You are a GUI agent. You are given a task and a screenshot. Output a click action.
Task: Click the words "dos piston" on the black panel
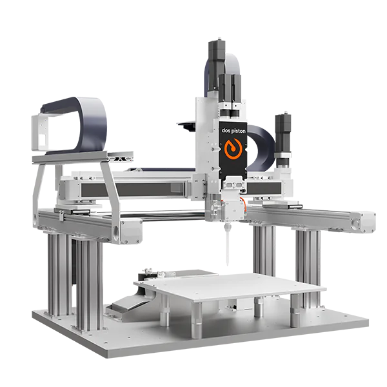[x=233, y=130]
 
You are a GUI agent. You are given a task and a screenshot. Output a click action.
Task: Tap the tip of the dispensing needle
[x=227, y=265]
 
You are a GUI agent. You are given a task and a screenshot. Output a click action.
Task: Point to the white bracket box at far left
[x=39, y=133]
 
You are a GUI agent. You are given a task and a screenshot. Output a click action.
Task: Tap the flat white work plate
[x=230, y=286]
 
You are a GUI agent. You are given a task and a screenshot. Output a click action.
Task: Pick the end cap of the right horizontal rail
[x=367, y=221]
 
